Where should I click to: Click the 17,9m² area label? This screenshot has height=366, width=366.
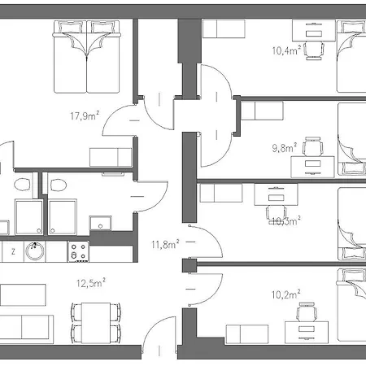click(85, 115)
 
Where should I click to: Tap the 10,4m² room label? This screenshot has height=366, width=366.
click(287, 50)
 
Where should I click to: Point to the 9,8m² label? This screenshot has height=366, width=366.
click(285, 149)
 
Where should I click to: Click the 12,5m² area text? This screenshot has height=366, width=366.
click(92, 283)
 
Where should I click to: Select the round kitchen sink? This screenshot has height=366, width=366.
click(36, 251)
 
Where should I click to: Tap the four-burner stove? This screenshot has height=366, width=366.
click(79, 251)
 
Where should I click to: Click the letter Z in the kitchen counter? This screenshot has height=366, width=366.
click(14, 252)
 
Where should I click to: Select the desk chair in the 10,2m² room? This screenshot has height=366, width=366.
click(307, 312)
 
